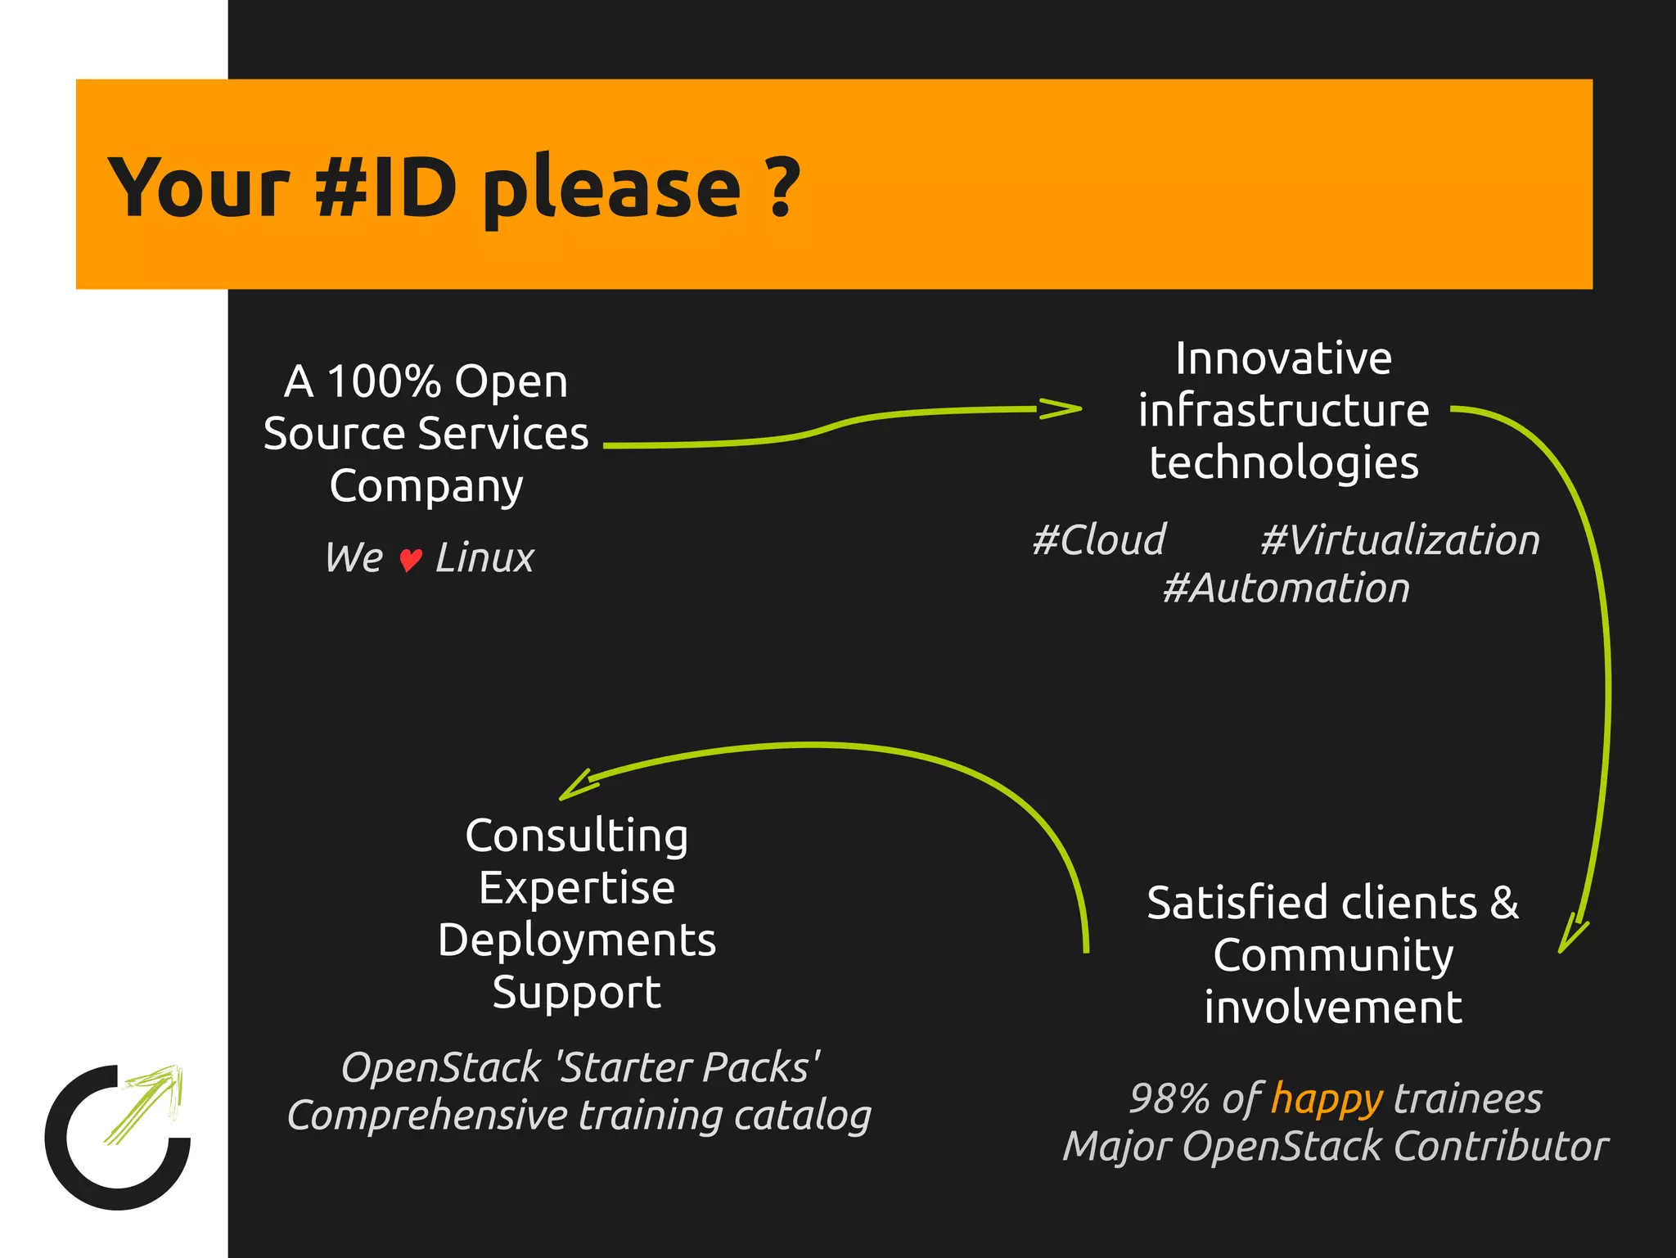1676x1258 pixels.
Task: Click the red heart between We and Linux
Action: click(410, 560)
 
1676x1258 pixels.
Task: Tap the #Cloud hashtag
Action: click(1099, 540)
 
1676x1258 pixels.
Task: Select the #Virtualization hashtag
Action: click(1399, 540)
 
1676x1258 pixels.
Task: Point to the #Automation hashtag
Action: click(1286, 588)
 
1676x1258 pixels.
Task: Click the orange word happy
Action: click(1327, 1099)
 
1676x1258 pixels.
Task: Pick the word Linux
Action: click(484, 558)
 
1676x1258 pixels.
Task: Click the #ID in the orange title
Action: click(385, 188)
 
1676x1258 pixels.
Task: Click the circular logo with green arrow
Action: click(118, 1137)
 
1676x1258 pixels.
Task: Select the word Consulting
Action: click(577, 836)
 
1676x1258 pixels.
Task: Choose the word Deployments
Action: click(577, 940)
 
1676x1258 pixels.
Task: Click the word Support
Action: click(577, 993)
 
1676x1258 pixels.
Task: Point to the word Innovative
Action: click(1283, 358)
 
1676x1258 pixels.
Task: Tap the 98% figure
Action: click(1169, 1098)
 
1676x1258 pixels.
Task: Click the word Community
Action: click(1333, 955)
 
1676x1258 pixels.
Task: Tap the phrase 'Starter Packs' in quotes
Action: click(687, 1067)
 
